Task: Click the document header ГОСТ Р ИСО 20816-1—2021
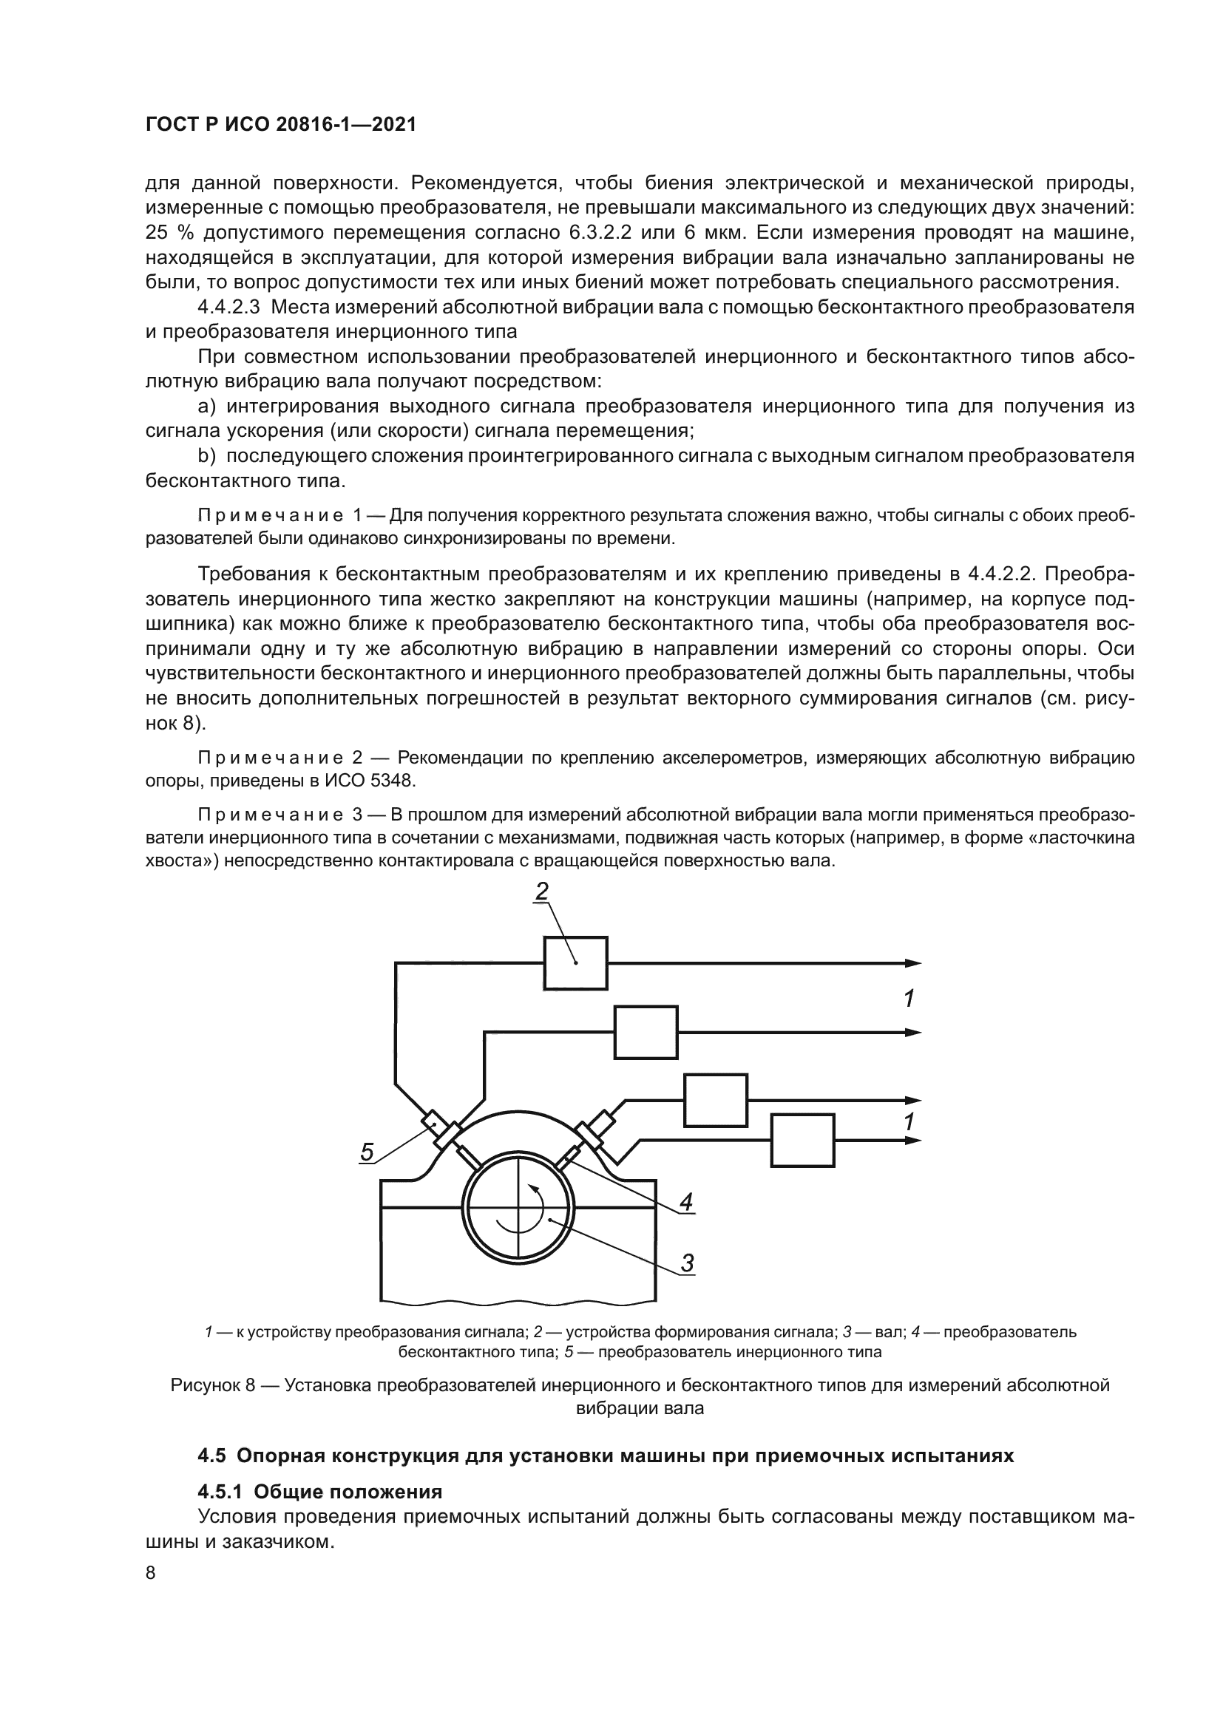tap(280, 125)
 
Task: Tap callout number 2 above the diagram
tap(541, 891)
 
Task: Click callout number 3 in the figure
tap(687, 1263)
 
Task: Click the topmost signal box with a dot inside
tap(575, 963)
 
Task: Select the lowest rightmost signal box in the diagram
tap(802, 1141)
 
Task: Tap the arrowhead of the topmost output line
tap(912, 963)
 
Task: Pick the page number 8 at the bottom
tap(151, 1573)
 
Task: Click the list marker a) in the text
tap(206, 407)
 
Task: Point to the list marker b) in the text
tap(206, 456)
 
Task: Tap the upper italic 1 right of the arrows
tap(909, 999)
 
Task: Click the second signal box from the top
tap(646, 1033)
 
